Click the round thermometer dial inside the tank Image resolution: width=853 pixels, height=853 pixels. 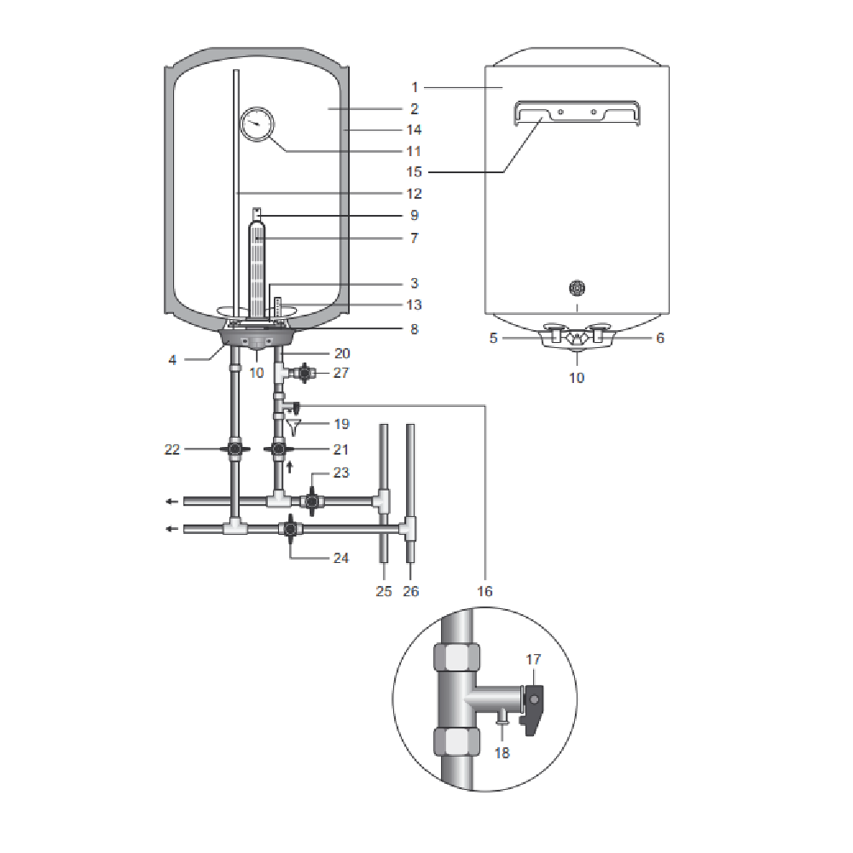tap(257, 125)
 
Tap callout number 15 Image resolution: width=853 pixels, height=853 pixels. tap(414, 172)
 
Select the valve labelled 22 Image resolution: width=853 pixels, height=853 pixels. tap(235, 449)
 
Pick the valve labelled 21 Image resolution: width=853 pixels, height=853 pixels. tap(279, 449)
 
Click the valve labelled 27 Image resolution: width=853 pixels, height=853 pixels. tap(305, 374)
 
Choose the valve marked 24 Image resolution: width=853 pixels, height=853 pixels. tap(291, 529)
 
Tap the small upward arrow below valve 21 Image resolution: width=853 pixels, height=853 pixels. tap(289, 467)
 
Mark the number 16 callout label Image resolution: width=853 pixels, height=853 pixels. tap(485, 591)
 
